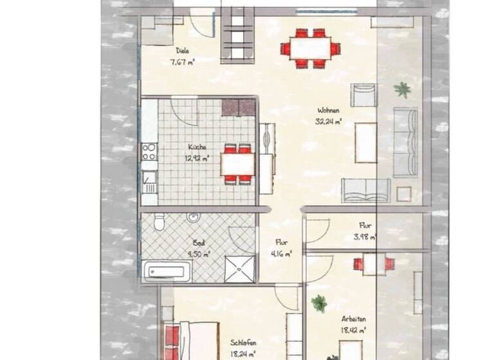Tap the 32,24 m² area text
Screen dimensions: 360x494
[x=328, y=120]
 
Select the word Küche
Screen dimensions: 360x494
[x=197, y=146]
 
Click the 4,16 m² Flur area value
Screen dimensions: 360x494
[x=282, y=253]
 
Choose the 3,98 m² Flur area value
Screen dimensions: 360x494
[x=365, y=237]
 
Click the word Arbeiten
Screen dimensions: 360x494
[x=354, y=319]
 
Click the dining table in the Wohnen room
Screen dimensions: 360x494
[x=311, y=48]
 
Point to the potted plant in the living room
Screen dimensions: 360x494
[x=403, y=89]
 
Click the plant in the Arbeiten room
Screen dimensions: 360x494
[x=319, y=301]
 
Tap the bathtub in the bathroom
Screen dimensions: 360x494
[x=169, y=271]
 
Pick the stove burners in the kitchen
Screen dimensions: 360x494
[x=149, y=151]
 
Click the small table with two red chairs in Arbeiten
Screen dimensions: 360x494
[x=374, y=264]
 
